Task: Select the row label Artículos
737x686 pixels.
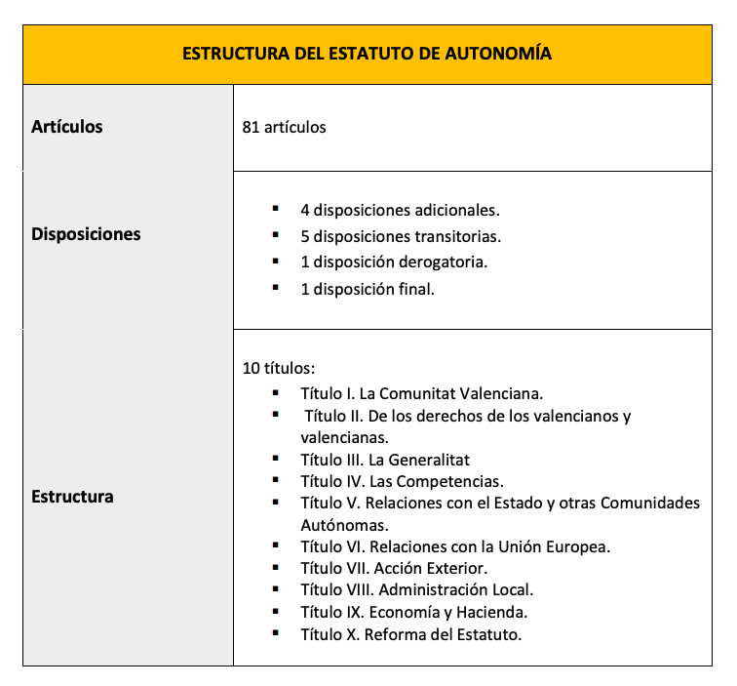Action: point(66,127)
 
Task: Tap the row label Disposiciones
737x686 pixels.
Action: point(86,234)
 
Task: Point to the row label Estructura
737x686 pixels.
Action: point(72,497)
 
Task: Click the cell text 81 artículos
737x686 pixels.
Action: point(284,128)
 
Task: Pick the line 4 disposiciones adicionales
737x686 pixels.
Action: point(400,210)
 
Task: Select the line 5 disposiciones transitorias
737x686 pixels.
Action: point(401,236)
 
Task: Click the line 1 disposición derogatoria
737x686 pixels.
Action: point(394,262)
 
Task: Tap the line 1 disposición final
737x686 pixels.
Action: point(368,289)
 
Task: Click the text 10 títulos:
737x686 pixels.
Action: point(279,370)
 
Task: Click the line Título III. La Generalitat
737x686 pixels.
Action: point(385,460)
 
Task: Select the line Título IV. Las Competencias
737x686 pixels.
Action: point(402,481)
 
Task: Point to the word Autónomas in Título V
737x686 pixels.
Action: point(337,525)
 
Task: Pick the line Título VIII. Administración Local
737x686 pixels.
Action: point(417,589)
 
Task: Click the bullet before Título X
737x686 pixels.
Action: point(277,633)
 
